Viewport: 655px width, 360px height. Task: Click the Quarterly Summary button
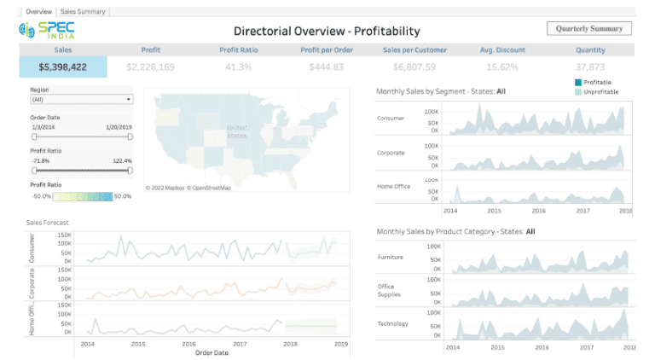(x=589, y=28)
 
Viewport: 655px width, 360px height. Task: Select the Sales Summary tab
(x=83, y=12)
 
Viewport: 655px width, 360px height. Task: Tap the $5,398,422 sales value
(x=63, y=67)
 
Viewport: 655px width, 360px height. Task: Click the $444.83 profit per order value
(x=327, y=67)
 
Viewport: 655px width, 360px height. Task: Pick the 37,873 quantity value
(x=590, y=67)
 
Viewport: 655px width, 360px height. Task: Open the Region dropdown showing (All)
(x=81, y=99)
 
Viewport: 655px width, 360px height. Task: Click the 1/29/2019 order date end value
(x=119, y=126)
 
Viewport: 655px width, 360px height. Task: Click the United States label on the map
(x=235, y=131)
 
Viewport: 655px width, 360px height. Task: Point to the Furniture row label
(x=391, y=257)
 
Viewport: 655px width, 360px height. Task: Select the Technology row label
(x=392, y=323)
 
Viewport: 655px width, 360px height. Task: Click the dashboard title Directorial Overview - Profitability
(x=327, y=31)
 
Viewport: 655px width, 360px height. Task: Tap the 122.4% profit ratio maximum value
(x=122, y=160)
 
